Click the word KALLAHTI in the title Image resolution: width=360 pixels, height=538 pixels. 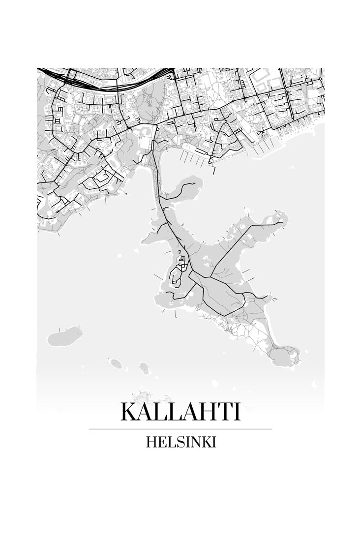180,412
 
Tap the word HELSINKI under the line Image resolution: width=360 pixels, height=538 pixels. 181,442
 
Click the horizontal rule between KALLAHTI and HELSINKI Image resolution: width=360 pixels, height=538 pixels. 180,429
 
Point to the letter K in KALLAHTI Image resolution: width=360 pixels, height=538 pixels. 129,412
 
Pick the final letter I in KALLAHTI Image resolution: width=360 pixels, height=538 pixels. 238,412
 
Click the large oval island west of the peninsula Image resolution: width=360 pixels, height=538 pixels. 65,336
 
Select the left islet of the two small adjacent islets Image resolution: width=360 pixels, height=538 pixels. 117,363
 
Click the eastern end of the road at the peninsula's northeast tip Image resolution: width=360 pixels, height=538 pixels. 282,223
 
